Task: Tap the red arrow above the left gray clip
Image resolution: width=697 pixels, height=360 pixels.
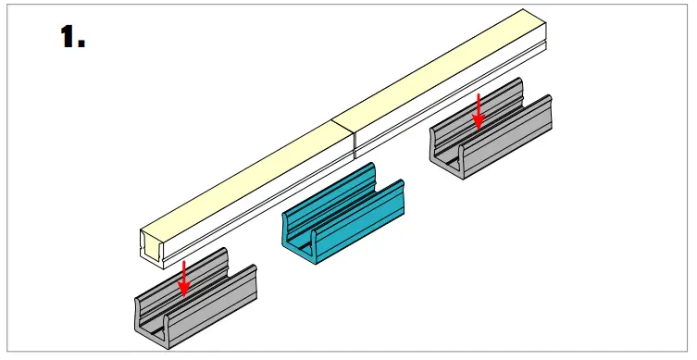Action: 184,277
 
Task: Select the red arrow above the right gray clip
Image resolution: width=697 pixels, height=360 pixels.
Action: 479,108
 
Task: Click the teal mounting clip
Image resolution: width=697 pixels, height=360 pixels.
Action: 342,217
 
